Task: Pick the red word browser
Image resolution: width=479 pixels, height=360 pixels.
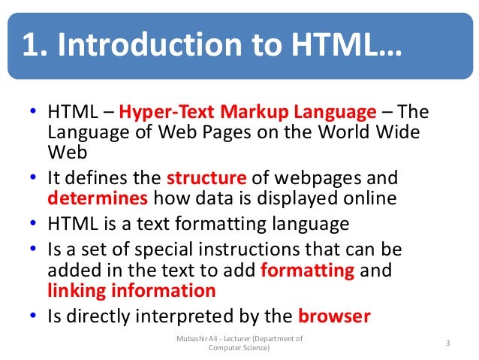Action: coord(334,316)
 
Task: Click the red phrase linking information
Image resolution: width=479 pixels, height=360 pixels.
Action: coord(131,290)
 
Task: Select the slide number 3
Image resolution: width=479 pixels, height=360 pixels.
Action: coord(447,343)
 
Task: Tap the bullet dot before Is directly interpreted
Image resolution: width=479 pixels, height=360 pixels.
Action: coord(34,316)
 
